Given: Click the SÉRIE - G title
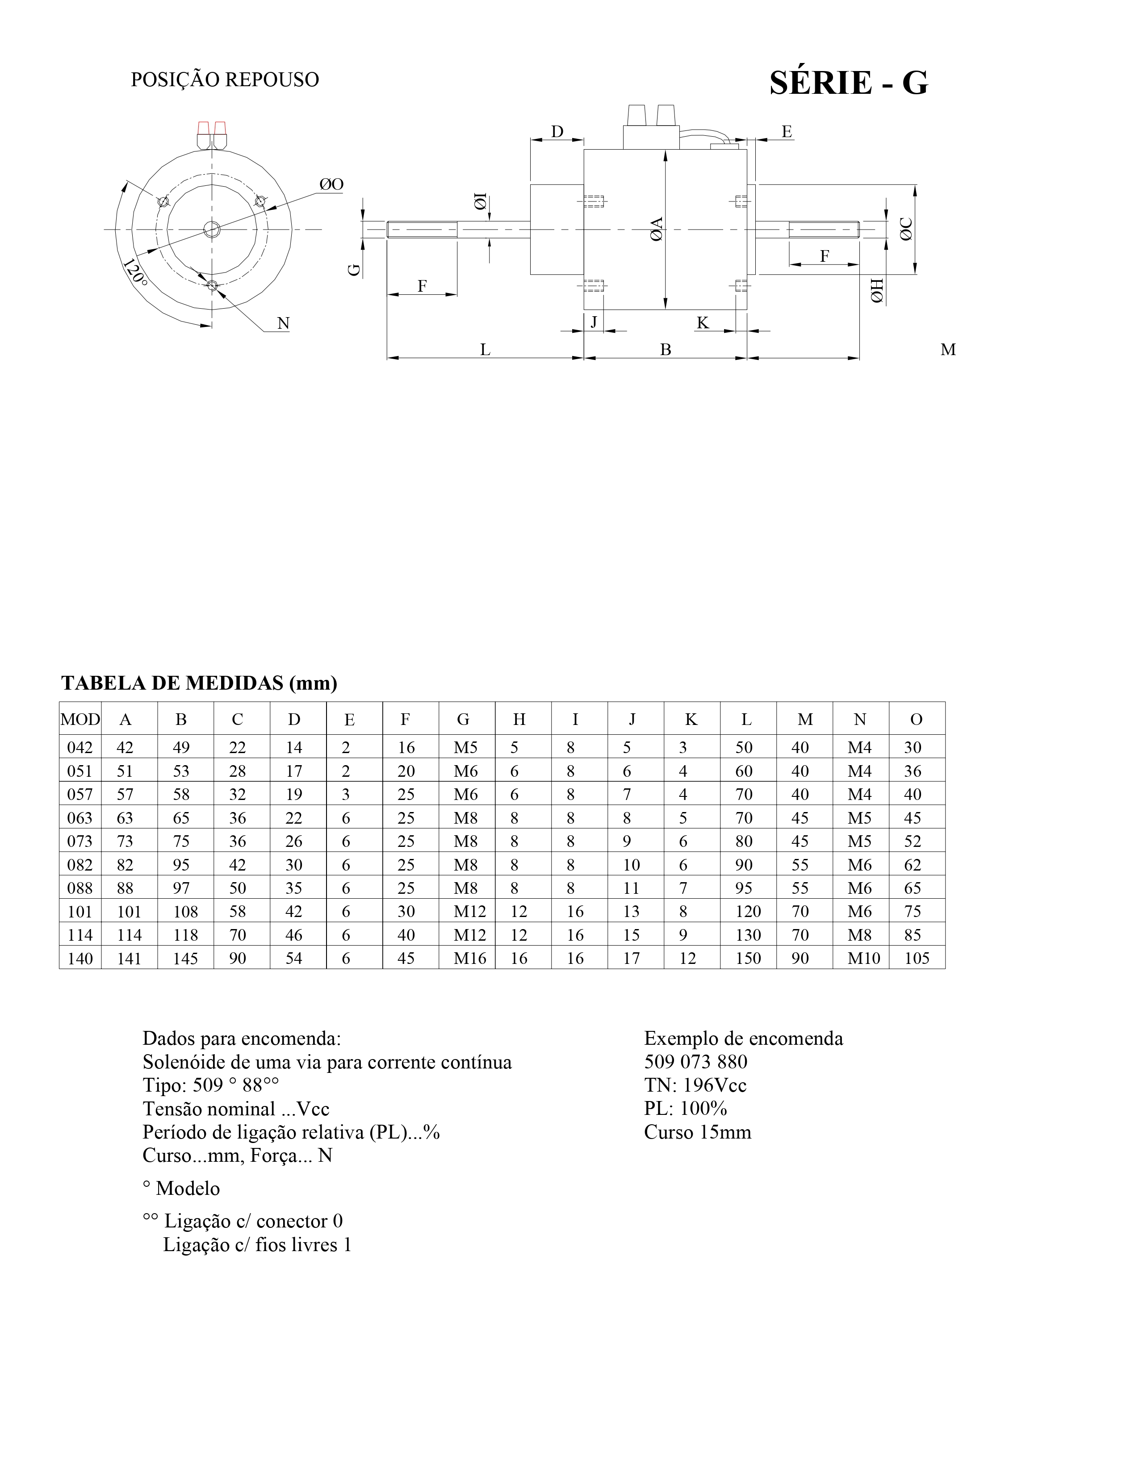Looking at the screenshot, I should click(848, 83).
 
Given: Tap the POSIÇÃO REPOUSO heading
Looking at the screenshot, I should click(225, 80).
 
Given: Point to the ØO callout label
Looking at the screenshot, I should click(331, 184).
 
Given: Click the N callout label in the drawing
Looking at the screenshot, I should click(283, 324).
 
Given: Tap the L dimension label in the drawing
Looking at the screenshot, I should click(485, 350).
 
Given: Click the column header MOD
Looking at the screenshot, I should click(80, 720).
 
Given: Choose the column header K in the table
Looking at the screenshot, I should click(691, 720).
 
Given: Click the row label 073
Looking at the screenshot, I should click(80, 841).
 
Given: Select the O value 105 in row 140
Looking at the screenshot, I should click(916, 959).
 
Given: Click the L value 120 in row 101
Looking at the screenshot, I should click(748, 912).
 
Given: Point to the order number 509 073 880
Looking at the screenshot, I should click(695, 1062).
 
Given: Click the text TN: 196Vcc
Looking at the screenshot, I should click(695, 1085).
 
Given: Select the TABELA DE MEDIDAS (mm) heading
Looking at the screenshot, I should click(199, 683).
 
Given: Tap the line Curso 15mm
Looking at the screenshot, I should click(697, 1132).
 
